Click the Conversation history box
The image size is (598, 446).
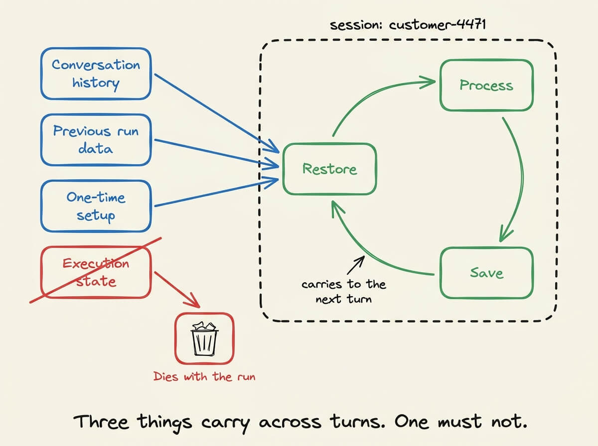coord(96,74)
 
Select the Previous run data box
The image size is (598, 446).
coord(96,140)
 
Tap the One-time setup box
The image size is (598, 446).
coord(96,206)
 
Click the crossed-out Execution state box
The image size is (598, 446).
coord(96,272)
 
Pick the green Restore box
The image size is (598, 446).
coord(330,169)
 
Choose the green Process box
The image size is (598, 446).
coord(486,85)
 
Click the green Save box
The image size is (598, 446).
coord(486,273)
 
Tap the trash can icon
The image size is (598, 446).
coord(204,338)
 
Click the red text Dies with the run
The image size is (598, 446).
coord(204,377)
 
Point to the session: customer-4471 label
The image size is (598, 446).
coord(408,25)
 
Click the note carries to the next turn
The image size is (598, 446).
coord(344,292)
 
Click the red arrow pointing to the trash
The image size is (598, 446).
coord(177,290)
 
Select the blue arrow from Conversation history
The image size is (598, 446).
coord(217,113)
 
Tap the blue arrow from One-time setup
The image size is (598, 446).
coord(217,192)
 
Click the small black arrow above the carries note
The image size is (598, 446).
coord(356,265)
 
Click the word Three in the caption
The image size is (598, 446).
coord(101,422)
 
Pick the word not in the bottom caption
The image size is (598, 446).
coord(509,422)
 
